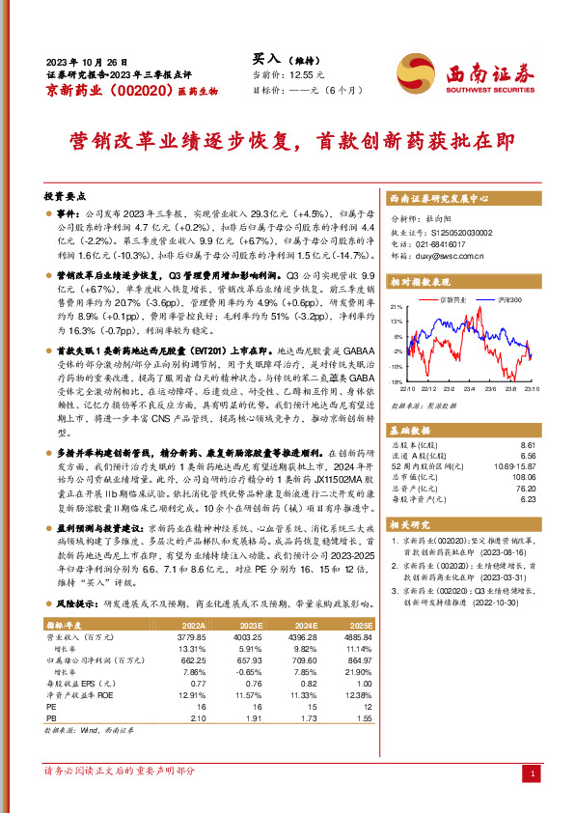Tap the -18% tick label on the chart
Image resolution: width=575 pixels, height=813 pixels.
[396, 382]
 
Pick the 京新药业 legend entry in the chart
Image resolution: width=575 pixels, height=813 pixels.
[452, 300]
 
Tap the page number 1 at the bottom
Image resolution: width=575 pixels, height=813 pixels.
[534, 773]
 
